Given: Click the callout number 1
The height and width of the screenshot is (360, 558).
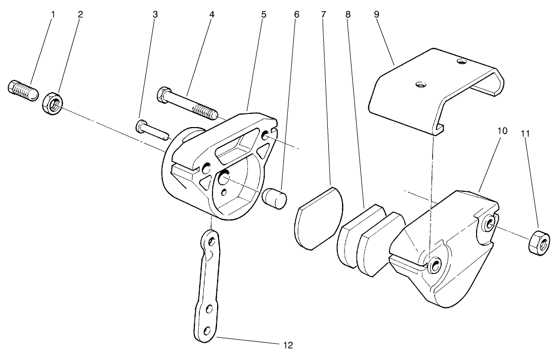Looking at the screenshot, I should [53, 14].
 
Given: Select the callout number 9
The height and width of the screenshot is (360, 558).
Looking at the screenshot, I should [377, 14].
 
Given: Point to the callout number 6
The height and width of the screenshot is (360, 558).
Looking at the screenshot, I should [296, 14].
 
